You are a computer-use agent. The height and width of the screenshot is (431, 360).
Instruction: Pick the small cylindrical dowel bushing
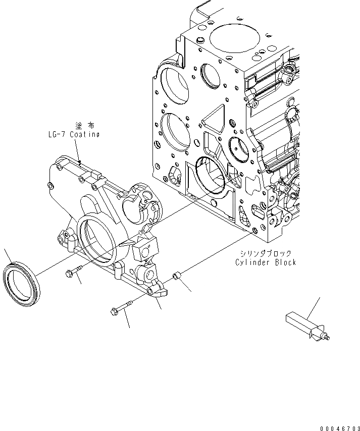pos(177,277)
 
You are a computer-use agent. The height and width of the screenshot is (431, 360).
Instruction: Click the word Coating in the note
pos(83,134)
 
